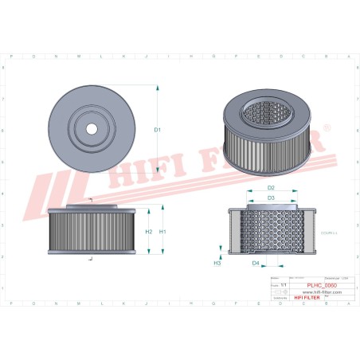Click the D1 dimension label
point(157,129)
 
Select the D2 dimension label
point(271,188)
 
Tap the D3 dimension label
point(271,198)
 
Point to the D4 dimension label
point(256,262)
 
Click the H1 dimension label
point(163,232)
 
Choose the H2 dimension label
point(149,232)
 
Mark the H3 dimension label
point(217,262)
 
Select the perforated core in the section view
point(271,230)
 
